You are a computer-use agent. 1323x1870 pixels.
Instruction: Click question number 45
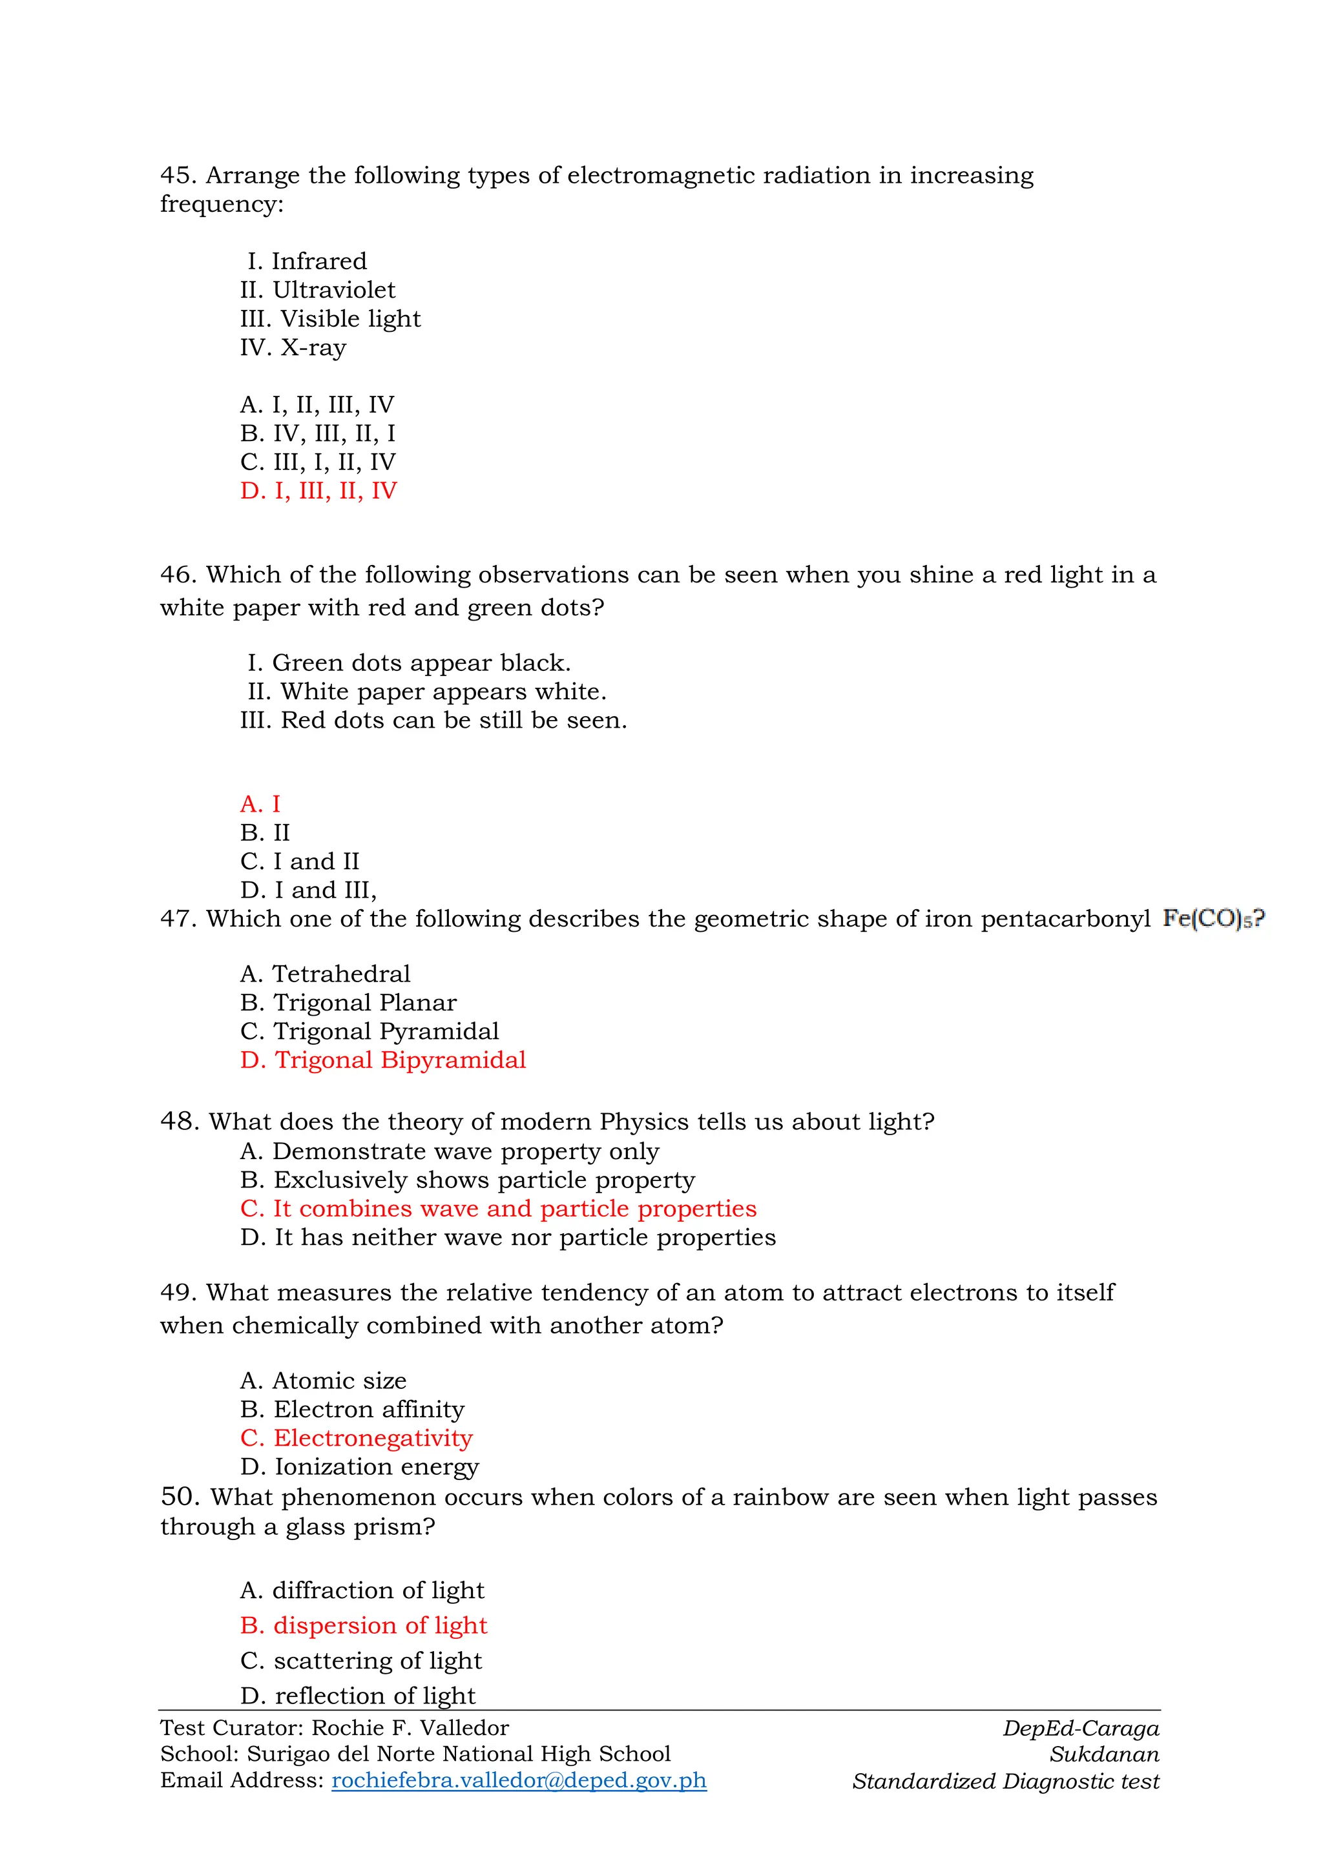click(x=178, y=175)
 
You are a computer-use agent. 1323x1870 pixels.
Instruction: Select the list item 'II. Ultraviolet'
click(x=318, y=290)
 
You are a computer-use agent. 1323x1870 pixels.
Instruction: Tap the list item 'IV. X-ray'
click(x=293, y=348)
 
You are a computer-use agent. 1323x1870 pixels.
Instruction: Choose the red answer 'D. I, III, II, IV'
click(x=318, y=491)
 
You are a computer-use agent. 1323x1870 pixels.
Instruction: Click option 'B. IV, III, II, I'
click(x=318, y=433)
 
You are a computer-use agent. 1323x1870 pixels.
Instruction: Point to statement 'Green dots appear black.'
click(x=421, y=663)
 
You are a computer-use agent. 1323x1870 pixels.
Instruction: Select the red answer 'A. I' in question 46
click(x=260, y=804)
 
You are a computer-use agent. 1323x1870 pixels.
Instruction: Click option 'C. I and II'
click(x=299, y=861)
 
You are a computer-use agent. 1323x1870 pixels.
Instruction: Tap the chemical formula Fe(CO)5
click(x=1212, y=919)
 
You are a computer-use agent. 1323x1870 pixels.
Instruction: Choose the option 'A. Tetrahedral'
click(x=325, y=974)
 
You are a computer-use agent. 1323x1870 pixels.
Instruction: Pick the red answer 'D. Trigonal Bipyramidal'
click(x=383, y=1060)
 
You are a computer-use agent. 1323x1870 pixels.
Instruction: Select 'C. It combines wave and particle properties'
click(x=498, y=1209)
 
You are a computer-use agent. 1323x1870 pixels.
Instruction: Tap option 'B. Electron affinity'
click(x=352, y=1410)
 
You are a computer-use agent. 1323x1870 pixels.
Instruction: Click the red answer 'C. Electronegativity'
click(x=356, y=1438)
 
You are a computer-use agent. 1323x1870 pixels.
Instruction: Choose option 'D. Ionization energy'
click(x=359, y=1467)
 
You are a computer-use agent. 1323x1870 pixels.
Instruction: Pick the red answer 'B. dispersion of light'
click(x=363, y=1626)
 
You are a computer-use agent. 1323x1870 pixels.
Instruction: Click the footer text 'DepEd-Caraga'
click(x=1080, y=1729)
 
